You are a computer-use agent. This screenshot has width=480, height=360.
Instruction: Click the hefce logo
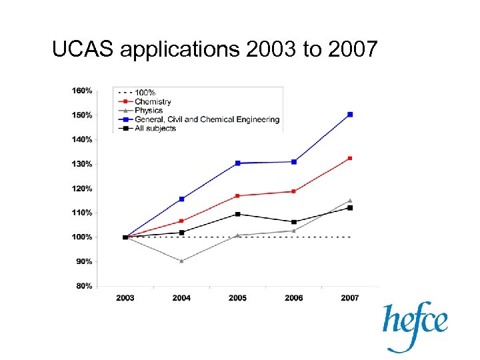[x=414, y=325]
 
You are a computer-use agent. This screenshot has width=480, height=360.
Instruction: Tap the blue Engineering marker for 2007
[x=350, y=115]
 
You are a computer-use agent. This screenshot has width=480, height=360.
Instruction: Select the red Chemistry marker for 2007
[x=350, y=158]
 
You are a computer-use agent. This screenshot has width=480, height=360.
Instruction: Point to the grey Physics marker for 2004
[x=181, y=261]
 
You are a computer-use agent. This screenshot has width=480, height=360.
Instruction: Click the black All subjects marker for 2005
[x=237, y=214]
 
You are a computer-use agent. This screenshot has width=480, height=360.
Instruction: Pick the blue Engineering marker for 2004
[x=181, y=199]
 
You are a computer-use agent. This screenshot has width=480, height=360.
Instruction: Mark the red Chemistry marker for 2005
[x=237, y=195]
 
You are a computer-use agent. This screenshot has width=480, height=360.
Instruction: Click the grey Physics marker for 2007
[x=350, y=201]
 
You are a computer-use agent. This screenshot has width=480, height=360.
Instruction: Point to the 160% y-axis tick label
[x=82, y=91]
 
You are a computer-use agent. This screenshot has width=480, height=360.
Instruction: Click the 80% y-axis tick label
[x=84, y=286]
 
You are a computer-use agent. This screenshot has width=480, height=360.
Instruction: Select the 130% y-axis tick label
[x=82, y=164]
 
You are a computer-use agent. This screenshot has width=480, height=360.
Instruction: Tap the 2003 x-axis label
[x=125, y=298]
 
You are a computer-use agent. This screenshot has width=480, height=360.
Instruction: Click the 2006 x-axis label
[x=293, y=298]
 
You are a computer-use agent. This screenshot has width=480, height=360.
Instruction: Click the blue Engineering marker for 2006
[x=293, y=162]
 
